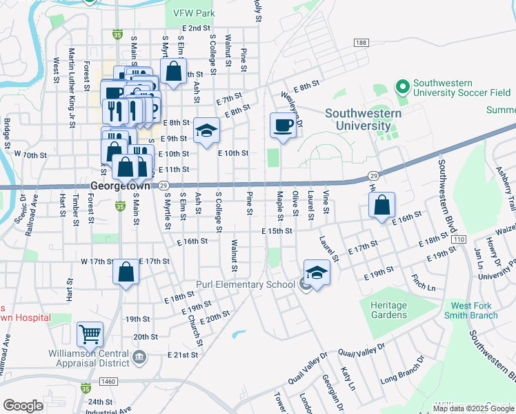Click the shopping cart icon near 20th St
click(x=90, y=334)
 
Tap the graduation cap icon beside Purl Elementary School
click(x=317, y=271)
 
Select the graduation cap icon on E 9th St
click(x=206, y=130)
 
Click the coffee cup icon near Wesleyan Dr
click(x=282, y=125)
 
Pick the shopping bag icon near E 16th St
click(x=381, y=204)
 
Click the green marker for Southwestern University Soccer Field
click(x=402, y=87)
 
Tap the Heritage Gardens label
click(x=388, y=309)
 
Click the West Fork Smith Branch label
click(x=474, y=310)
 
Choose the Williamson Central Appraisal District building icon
click(x=139, y=357)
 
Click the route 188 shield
click(x=361, y=43)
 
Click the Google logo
click(x=23, y=406)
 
